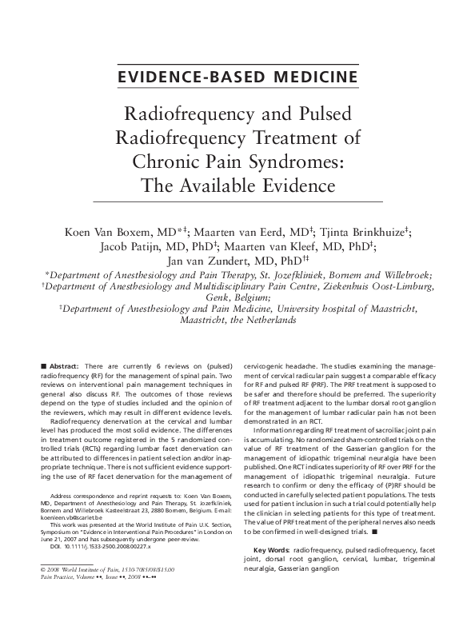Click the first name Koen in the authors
pyautogui.click(x=88, y=232)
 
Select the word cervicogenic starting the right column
pyautogui.click(x=269, y=363)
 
